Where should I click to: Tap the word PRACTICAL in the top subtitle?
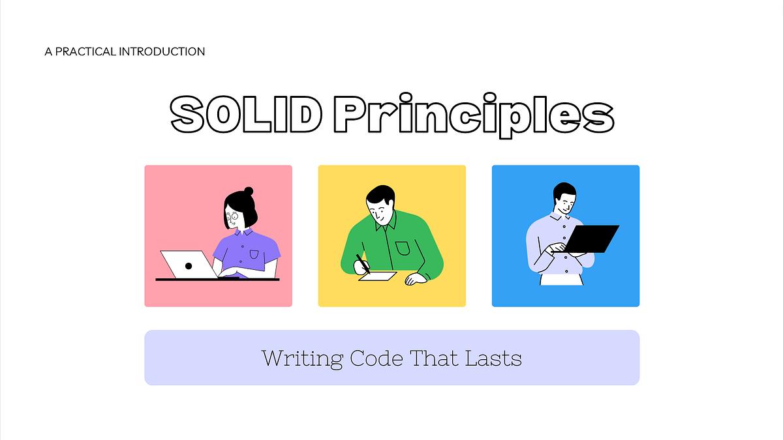(85, 51)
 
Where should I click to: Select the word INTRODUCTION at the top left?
(162, 51)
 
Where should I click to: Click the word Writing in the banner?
(302, 358)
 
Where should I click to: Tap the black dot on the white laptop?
(188, 265)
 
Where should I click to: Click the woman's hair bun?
(248, 191)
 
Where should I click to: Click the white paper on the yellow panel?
(378, 276)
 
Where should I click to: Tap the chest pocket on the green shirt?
(402, 248)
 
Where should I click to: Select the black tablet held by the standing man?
(591, 239)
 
